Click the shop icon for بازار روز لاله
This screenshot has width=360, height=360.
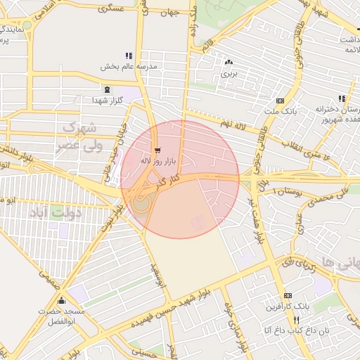point(156,150)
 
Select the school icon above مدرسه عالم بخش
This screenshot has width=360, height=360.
point(128,55)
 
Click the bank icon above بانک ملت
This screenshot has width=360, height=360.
point(280,101)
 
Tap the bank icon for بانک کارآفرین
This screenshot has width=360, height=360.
point(287,296)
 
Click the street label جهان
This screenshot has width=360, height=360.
point(169,13)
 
